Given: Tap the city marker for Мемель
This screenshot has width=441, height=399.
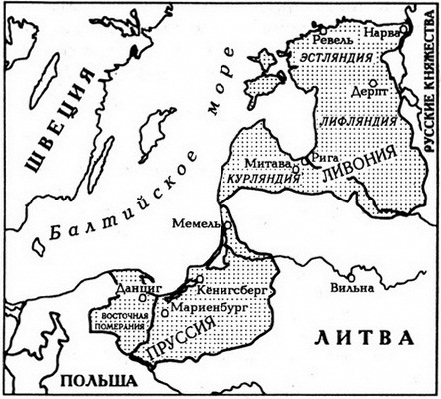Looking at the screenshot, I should [x=226, y=226].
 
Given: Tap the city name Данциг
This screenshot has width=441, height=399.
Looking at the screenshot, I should [x=138, y=284].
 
